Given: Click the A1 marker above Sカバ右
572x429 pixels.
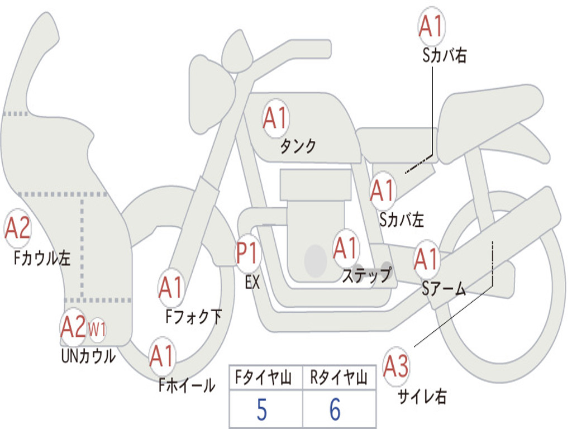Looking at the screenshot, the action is [432, 26].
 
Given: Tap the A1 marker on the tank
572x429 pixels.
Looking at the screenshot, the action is [276, 118].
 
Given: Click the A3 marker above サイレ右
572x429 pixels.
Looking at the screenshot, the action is [396, 366].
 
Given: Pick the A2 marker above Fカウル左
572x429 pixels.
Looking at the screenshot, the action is [17, 228].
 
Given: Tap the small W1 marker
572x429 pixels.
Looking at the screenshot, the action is [97, 330].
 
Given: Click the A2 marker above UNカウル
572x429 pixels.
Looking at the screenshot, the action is [73, 327].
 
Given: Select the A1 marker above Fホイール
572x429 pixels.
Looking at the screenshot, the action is [162, 356].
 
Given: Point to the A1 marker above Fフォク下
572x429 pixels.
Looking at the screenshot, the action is [171, 287].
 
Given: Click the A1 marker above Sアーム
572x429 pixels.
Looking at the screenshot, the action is [426, 259].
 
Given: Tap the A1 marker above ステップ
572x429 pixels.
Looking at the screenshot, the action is [346, 248].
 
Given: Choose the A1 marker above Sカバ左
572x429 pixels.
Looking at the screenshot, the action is [383, 190].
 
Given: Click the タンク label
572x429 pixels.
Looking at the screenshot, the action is [298, 146].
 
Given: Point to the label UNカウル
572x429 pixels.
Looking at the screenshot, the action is [88, 356].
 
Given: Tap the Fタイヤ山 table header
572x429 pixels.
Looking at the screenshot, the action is [264, 377].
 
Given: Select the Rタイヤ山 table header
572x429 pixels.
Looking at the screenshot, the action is [339, 377].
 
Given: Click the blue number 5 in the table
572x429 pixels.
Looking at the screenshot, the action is [261, 409].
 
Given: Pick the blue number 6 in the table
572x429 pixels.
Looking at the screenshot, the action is [335, 409].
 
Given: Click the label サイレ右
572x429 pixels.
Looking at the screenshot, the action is [422, 396].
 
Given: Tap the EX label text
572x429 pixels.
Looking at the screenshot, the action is [252, 282].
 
